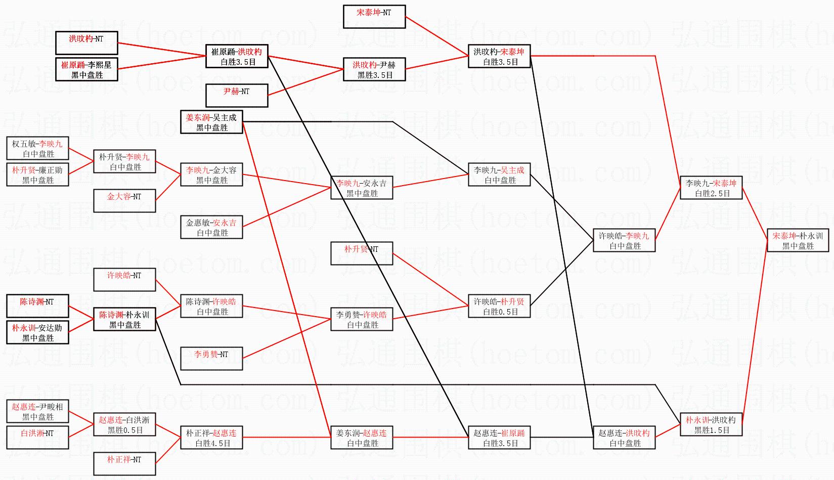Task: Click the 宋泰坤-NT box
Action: [x=374, y=17]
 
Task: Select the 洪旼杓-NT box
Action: [x=86, y=43]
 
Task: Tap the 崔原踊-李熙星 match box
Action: [x=86, y=69]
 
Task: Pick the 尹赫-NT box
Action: [x=237, y=96]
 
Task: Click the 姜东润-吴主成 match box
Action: [x=211, y=122]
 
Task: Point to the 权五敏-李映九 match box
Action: [x=37, y=148]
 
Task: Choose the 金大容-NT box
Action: [x=124, y=201]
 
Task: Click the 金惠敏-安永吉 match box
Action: [x=211, y=227]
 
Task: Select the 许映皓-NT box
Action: [x=124, y=280]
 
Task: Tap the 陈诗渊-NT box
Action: [x=37, y=306]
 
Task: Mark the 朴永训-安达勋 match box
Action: [x=37, y=332]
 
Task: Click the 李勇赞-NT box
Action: [x=211, y=359]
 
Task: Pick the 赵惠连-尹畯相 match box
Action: [x=37, y=411]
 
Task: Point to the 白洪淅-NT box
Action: [x=37, y=438]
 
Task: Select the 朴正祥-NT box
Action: [x=124, y=464]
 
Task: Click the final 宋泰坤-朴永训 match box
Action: [x=798, y=240]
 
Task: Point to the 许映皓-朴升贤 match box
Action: [x=499, y=306]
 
